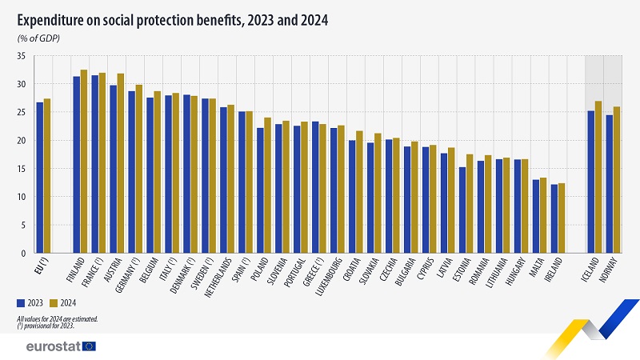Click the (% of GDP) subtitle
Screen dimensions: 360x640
(39, 38)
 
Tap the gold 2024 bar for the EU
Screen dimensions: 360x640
(47, 176)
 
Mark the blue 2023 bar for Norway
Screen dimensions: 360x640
(610, 184)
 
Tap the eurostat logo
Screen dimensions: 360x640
(60, 346)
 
